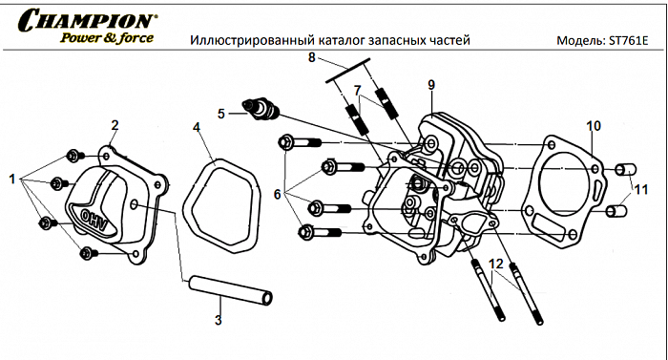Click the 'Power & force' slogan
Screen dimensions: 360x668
[104, 38]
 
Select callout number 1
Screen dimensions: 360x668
[12, 179]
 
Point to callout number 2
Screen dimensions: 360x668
[115, 125]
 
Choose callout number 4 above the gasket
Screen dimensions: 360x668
[197, 127]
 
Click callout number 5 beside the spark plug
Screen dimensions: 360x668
[221, 113]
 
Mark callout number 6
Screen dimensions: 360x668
[278, 194]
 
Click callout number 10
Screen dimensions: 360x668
[593, 126]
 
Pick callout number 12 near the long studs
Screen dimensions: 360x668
[495, 263]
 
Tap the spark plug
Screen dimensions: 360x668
[261, 110]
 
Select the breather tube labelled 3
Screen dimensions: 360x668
[230, 289]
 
